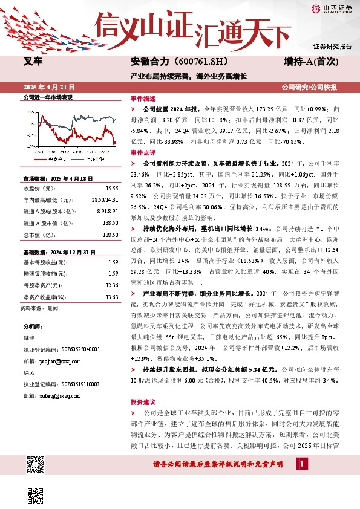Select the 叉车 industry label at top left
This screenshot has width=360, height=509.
33,62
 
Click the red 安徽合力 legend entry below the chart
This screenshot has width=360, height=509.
47,160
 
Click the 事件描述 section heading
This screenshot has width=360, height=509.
143,98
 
